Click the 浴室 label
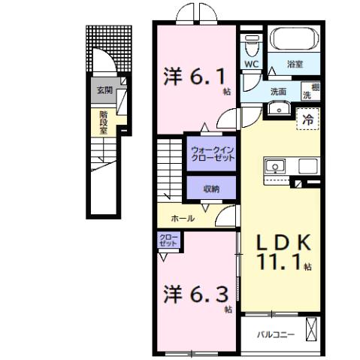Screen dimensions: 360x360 coord(295,66)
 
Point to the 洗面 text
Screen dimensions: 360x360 coord(278,91)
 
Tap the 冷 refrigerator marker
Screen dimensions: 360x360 coord(307,118)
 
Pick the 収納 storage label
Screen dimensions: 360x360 coord(210,189)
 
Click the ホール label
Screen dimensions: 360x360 coord(183,219)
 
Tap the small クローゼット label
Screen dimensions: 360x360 coord(168,241)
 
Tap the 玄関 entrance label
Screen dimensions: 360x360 coord(102,91)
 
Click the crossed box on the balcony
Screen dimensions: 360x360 coord(311,331)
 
